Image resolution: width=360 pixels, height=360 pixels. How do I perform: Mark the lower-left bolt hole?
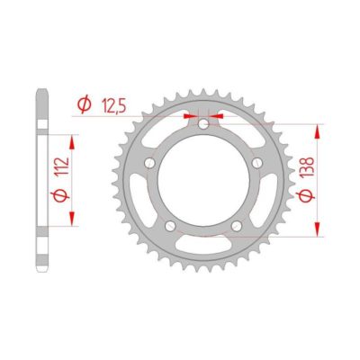click(x=170, y=225)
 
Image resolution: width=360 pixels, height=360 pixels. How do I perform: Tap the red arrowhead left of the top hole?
click(x=192, y=116)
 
